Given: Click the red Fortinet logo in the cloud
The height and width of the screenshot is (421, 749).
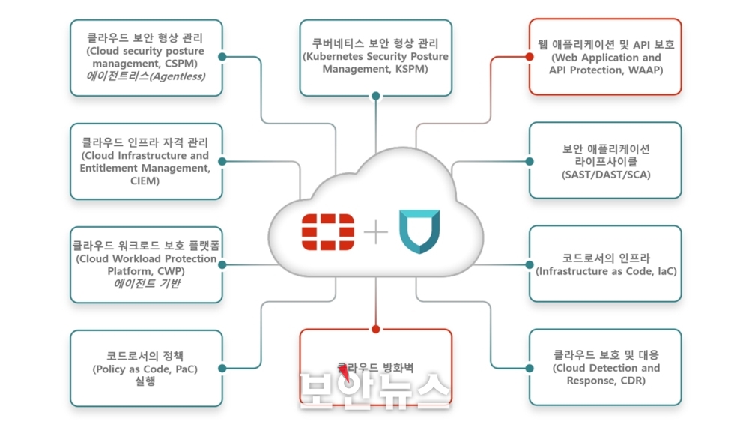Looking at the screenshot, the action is [x=328, y=232].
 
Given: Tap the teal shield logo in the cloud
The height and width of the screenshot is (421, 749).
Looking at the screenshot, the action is [x=419, y=231].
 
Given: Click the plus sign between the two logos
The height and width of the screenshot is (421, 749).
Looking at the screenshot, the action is [x=376, y=232].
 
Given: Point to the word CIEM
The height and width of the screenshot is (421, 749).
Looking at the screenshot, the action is [x=145, y=181].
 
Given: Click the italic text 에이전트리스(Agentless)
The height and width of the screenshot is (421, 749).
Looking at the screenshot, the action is [x=146, y=76].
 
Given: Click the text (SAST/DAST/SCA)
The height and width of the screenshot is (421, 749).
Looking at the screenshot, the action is [x=606, y=175].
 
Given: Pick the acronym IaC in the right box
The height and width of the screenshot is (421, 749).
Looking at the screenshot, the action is [x=667, y=271].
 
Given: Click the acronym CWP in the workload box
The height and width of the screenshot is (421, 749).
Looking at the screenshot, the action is [x=171, y=271].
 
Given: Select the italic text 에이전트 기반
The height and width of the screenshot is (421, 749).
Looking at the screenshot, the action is [x=147, y=284].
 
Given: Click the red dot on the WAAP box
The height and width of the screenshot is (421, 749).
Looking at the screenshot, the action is [x=530, y=57].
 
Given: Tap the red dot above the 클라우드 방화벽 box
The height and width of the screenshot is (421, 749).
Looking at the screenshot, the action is [x=376, y=330].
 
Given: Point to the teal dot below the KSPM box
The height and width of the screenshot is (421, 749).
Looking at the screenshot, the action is [x=376, y=96].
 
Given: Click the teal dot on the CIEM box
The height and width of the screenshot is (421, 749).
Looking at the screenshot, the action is [x=222, y=162].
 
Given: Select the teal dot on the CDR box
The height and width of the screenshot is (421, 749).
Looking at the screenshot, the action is [x=530, y=369].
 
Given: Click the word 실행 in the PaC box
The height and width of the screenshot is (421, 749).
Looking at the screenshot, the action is [x=145, y=381].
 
